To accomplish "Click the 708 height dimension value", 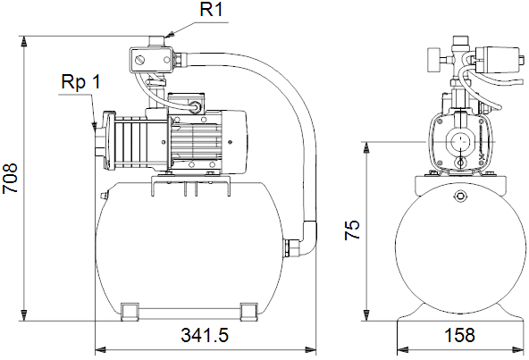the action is click(10, 179).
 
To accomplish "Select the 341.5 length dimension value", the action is click(205, 335).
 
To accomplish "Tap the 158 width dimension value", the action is click(459, 335).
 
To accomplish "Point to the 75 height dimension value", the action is click(352, 230).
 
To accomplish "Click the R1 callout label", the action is click(211, 9).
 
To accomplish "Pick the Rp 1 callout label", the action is click(81, 82).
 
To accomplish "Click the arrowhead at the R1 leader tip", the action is click(171, 34).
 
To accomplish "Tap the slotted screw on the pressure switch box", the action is click(140, 61).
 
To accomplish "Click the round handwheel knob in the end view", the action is click(432, 60).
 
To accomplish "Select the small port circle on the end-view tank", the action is click(460, 196).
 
